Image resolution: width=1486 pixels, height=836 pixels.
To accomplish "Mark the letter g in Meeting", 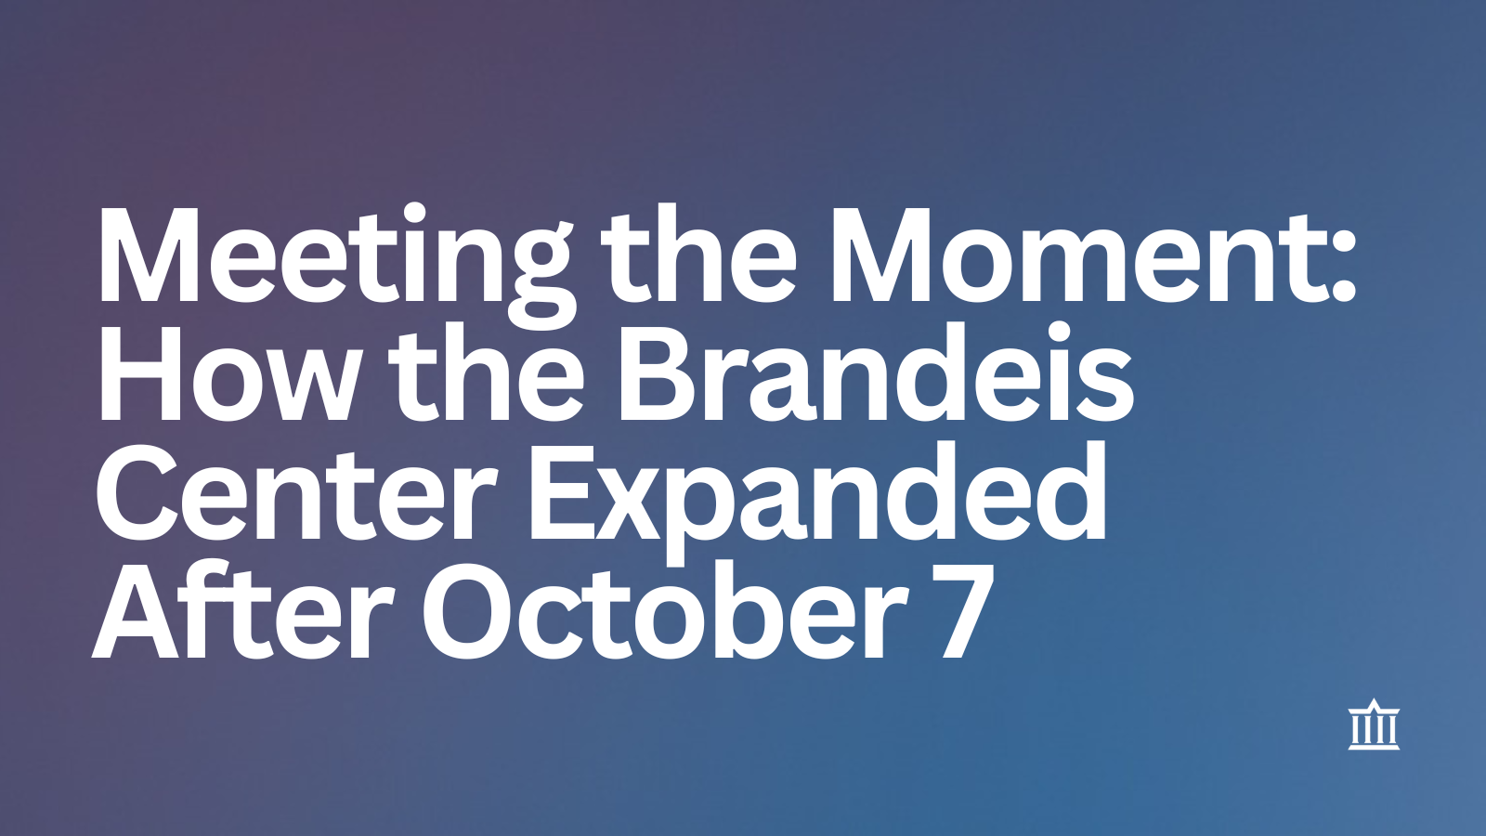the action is coord(539,282).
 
